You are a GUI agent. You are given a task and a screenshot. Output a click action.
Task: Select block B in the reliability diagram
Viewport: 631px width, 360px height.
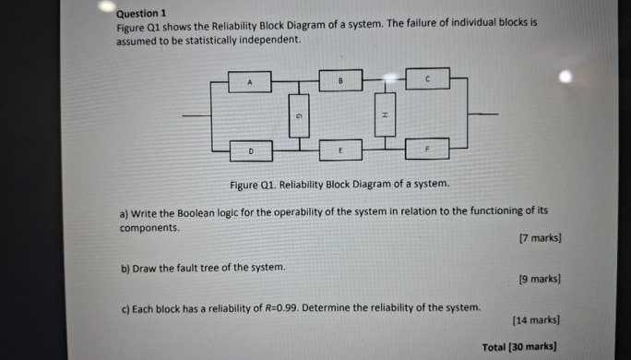pyautogui.click(x=340, y=80)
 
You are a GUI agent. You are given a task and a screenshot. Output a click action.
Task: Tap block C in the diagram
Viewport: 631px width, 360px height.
pyautogui.click(x=428, y=79)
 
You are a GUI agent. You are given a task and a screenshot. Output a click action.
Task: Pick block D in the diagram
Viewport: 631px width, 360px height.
pyautogui.click(x=249, y=149)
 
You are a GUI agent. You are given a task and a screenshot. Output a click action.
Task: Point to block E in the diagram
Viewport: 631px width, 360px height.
pyautogui.click(x=340, y=149)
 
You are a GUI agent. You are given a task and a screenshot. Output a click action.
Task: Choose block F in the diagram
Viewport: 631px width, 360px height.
pyautogui.click(x=427, y=148)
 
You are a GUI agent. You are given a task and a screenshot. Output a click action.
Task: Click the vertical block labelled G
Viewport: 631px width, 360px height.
pyautogui.click(x=298, y=115)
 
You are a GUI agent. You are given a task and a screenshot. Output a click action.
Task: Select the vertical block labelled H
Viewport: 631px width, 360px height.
pyautogui.click(x=385, y=114)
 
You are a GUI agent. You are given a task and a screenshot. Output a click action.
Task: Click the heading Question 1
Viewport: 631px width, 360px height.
pyautogui.click(x=140, y=14)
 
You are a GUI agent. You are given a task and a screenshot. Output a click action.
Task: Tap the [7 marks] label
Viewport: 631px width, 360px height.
pyautogui.click(x=540, y=238)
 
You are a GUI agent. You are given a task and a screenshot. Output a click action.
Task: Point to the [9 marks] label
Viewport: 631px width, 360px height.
pyautogui.click(x=540, y=278)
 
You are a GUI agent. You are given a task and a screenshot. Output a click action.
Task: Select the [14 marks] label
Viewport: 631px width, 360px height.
pyautogui.click(x=537, y=320)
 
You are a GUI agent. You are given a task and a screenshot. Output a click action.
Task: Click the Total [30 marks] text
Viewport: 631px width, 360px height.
pyautogui.click(x=520, y=347)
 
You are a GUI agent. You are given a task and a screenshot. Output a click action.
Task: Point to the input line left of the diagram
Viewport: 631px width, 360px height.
pyautogui.click(x=196, y=115)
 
